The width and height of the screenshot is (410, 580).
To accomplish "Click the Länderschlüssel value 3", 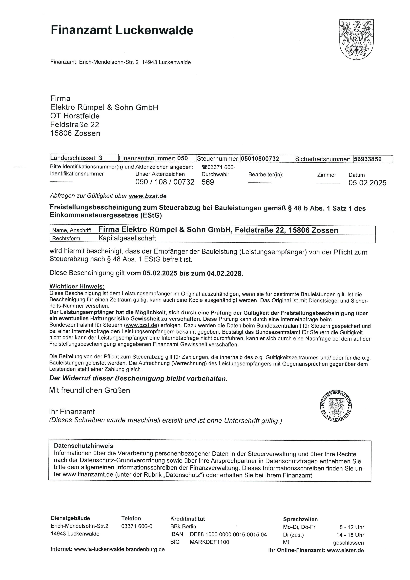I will tap(101, 158).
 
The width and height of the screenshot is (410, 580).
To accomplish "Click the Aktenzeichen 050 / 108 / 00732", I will tap(165, 182).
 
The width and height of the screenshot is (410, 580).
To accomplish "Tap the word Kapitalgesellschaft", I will tap(127, 238).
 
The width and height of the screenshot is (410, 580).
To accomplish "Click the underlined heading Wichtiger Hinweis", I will tap(77, 286).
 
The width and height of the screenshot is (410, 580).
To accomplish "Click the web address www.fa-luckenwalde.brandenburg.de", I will tap(119, 549).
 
